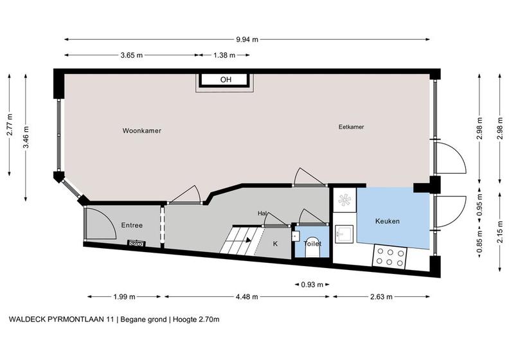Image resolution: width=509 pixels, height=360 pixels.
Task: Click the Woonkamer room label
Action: point(142,130)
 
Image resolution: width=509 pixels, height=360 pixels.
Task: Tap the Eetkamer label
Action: point(352,127)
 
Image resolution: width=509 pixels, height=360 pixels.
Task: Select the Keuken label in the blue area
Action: point(388,221)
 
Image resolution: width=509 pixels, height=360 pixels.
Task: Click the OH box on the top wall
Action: point(226,80)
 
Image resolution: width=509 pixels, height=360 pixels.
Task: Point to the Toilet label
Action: point(312,244)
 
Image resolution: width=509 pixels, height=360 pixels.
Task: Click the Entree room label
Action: point(132,225)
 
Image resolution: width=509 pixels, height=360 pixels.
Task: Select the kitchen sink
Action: point(344,234)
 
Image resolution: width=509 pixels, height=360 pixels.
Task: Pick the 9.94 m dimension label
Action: point(247,40)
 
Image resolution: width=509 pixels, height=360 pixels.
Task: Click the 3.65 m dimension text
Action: point(132,55)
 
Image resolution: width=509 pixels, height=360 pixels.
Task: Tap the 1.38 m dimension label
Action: point(224,55)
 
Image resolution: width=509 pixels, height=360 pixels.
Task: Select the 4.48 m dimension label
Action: point(247,296)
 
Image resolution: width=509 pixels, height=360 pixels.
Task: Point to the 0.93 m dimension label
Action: point(312,285)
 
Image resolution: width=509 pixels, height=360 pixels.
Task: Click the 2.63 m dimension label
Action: point(381,296)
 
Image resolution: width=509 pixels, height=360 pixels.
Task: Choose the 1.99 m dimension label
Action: point(124,296)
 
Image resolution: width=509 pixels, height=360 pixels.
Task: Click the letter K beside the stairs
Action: point(275,244)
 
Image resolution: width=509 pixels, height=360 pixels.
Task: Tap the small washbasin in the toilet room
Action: point(296,236)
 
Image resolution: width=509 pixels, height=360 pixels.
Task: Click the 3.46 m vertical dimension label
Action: point(26,137)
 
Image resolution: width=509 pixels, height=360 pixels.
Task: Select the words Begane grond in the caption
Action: point(144,319)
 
